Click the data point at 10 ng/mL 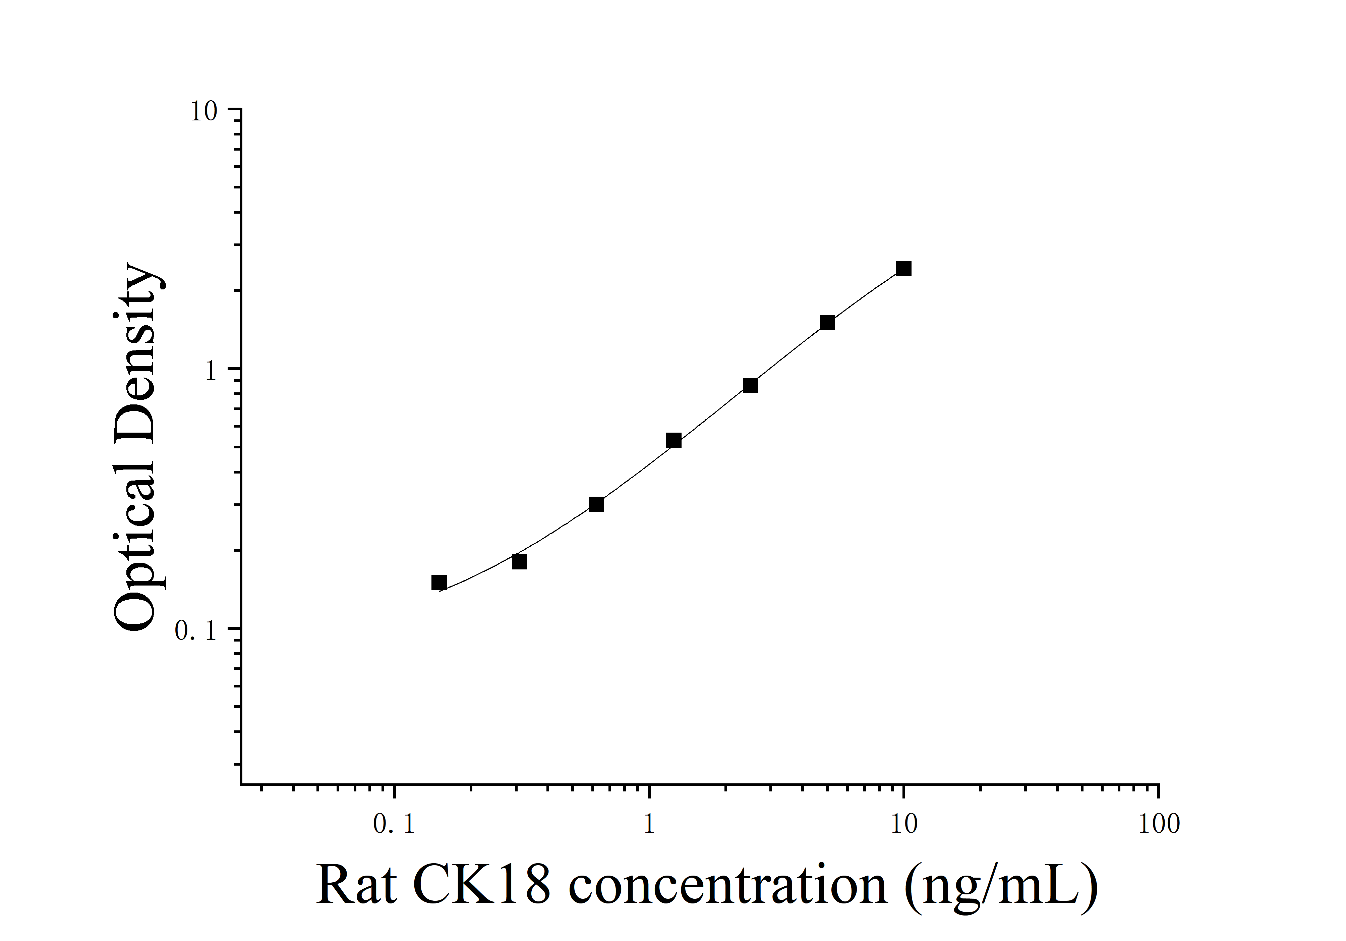pyautogui.click(x=903, y=269)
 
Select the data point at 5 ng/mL pyautogui.click(x=827, y=323)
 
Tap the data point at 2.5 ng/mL pyautogui.click(x=750, y=385)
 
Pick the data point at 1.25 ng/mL pyautogui.click(x=674, y=440)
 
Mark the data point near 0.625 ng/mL pyautogui.click(x=596, y=504)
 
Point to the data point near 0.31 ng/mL pyautogui.click(x=519, y=562)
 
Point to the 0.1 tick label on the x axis pyautogui.click(x=394, y=824)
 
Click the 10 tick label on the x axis pyautogui.click(x=904, y=824)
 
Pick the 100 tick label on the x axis pyautogui.click(x=1158, y=824)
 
